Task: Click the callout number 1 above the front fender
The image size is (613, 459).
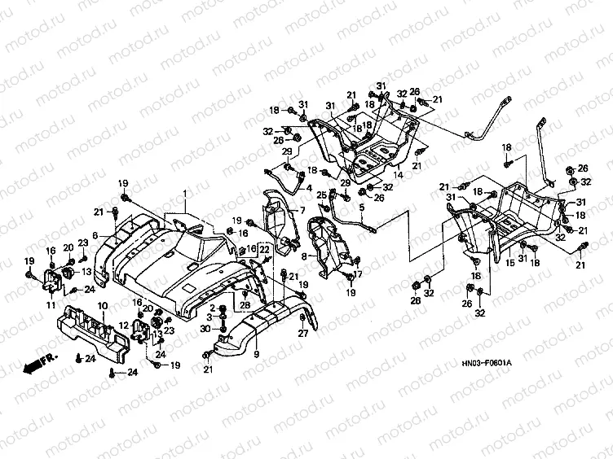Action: click(185, 195)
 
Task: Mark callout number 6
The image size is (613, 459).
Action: click(95, 236)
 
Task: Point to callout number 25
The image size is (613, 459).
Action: click(321, 194)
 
